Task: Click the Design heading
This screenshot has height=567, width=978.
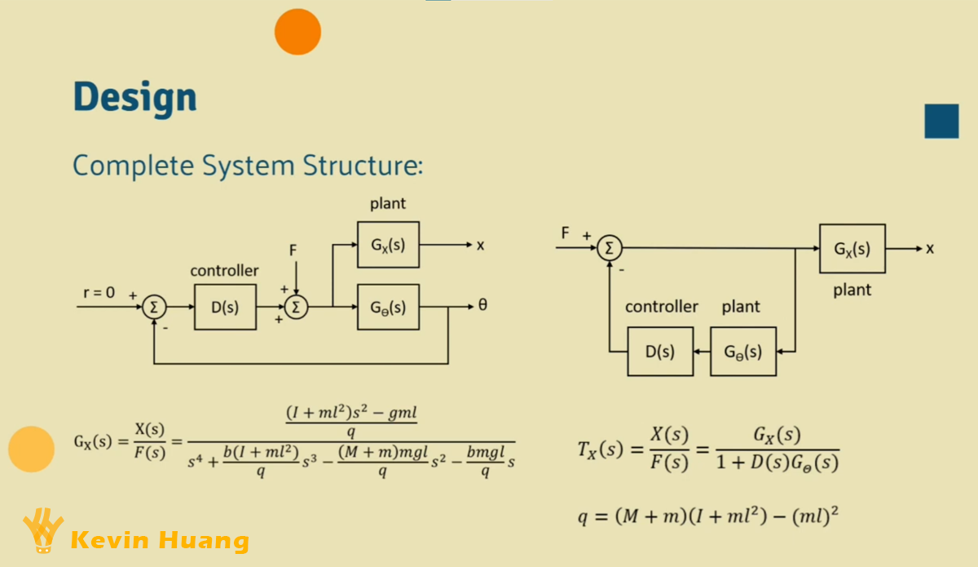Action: click(134, 97)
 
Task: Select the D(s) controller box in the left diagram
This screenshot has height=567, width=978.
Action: click(225, 307)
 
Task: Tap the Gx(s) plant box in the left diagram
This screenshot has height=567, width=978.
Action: click(388, 245)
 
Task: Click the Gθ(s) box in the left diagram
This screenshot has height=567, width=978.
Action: click(388, 307)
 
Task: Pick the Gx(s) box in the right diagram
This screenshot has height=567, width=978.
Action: click(852, 248)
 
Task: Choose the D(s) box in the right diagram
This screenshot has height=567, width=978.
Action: click(660, 352)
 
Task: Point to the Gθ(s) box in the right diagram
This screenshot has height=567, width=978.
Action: click(743, 352)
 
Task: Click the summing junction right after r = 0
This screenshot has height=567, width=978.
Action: click(154, 307)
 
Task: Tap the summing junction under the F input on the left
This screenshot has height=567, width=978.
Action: click(297, 307)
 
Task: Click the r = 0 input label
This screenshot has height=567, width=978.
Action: click(99, 292)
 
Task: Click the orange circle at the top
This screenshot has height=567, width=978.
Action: click(297, 32)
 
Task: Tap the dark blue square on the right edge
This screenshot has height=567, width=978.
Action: click(941, 122)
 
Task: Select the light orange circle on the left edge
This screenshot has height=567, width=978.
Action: click(31, 449)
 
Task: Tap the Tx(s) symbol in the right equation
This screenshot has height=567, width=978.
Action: click(599, 450)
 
